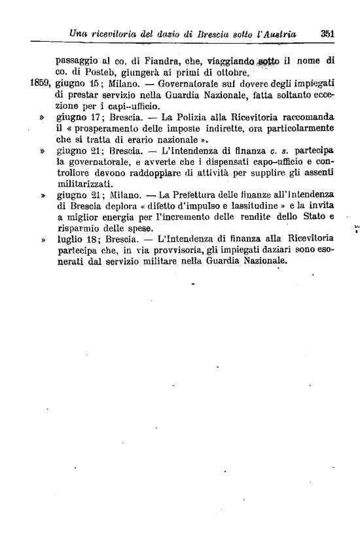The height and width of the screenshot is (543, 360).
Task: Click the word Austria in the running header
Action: pyautogui.click(x=279, y=33)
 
